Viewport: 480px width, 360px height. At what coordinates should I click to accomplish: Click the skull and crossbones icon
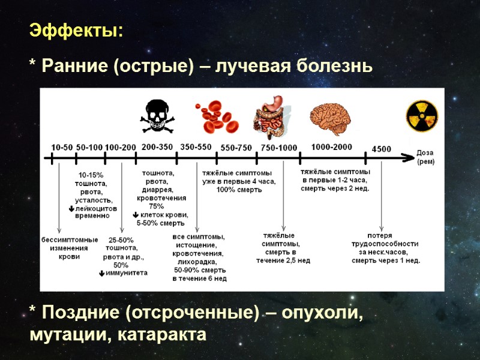(157, 116)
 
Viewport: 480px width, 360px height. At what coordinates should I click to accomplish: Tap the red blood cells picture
(216, 116)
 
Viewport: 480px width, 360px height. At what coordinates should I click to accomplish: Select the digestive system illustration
(274, 116)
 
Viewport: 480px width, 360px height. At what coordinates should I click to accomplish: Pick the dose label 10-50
(62, 147)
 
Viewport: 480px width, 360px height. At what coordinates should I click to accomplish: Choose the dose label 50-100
(89, 147)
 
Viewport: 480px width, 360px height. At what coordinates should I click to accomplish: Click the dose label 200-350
(157, 146)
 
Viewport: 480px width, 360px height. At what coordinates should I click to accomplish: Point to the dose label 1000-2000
(332, 146)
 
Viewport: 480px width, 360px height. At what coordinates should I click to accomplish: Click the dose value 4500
(382, 148)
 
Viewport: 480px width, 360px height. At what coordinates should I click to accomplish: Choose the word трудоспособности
(385, 244)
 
